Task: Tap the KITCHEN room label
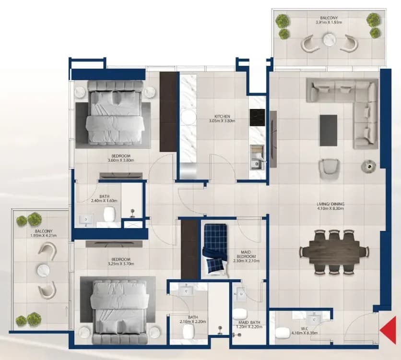pos(222,117)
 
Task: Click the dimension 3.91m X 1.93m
pos(329,22)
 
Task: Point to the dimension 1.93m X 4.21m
pos(44,235)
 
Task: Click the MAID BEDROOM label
pos(246,254)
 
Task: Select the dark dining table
pos(333,252)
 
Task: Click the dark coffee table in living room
pos(328,130)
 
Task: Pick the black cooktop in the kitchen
pos(257,118)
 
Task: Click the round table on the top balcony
pos(329,40)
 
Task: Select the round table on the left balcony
pos(43,270)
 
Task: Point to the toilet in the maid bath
pos(240,313)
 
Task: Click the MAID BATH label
pos(249,323)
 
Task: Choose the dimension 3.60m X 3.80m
pos(121,160)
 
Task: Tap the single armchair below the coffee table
pos(329,169)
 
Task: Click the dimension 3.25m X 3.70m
pos(121,264)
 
